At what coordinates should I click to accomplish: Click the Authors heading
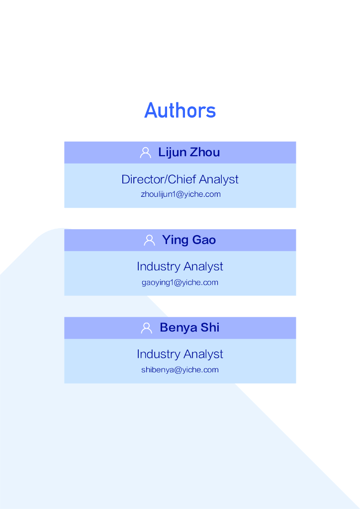[180, 110]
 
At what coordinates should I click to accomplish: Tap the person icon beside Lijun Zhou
[146, 153]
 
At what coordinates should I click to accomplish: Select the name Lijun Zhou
[189, 153]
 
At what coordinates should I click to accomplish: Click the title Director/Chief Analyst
[180, 179]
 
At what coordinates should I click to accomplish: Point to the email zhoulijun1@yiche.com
[180, 194]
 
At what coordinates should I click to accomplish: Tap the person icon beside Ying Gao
[149, 240]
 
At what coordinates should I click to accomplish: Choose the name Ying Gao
[189, 240]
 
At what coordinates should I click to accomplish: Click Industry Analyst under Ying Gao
[180, 266]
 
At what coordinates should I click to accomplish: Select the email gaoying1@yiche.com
[180, 282]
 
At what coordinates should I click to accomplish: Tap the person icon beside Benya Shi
[147, 328]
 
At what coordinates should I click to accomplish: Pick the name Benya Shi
[189, 328]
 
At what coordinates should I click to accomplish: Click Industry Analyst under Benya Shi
[180, 354]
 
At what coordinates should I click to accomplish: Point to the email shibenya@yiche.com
[180, 370]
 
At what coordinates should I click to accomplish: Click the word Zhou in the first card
[205, 153]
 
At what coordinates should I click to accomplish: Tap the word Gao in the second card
[204, 240]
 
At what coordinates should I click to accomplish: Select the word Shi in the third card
[210, 328]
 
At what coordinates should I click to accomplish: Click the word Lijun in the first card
[172, 153]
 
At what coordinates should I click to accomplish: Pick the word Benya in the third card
[179, 328]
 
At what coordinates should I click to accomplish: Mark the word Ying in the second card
[175, 241]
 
